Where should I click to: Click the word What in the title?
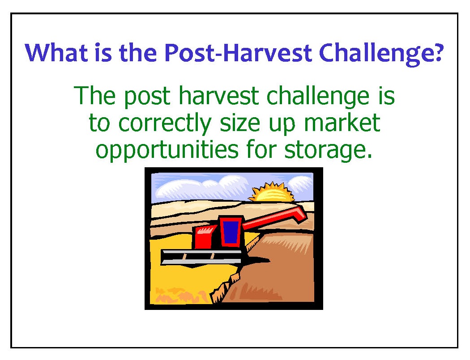coord(56,53)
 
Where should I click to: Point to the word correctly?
coord(165,123)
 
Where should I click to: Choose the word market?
coord(342,123)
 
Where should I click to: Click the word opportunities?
coord(167,150)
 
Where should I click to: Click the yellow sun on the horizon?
coord(272,193)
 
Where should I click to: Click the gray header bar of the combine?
coord(201,257)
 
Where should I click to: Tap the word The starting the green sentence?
coord(94,95)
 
